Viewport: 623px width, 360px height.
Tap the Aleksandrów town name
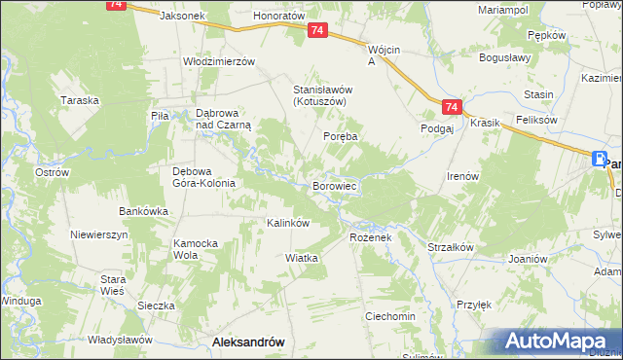[x=247, y=342]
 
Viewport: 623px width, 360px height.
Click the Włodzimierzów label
[x=219, y=60]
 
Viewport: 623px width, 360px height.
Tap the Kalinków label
[x=288, y=223]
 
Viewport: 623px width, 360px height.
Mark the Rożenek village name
[x=369, y=237]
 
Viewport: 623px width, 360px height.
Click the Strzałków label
[x=450, y=247]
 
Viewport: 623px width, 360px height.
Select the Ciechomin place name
[x=389, y=317]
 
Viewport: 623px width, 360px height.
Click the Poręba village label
[x=341, y=137]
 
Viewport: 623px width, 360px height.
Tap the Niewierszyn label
[x=99, y=235]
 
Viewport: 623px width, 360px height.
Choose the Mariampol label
[x=502, y=9]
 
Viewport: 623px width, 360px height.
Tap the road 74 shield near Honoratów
[x=317, y=32]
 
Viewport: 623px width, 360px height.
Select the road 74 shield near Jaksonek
[x=117, y=5]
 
